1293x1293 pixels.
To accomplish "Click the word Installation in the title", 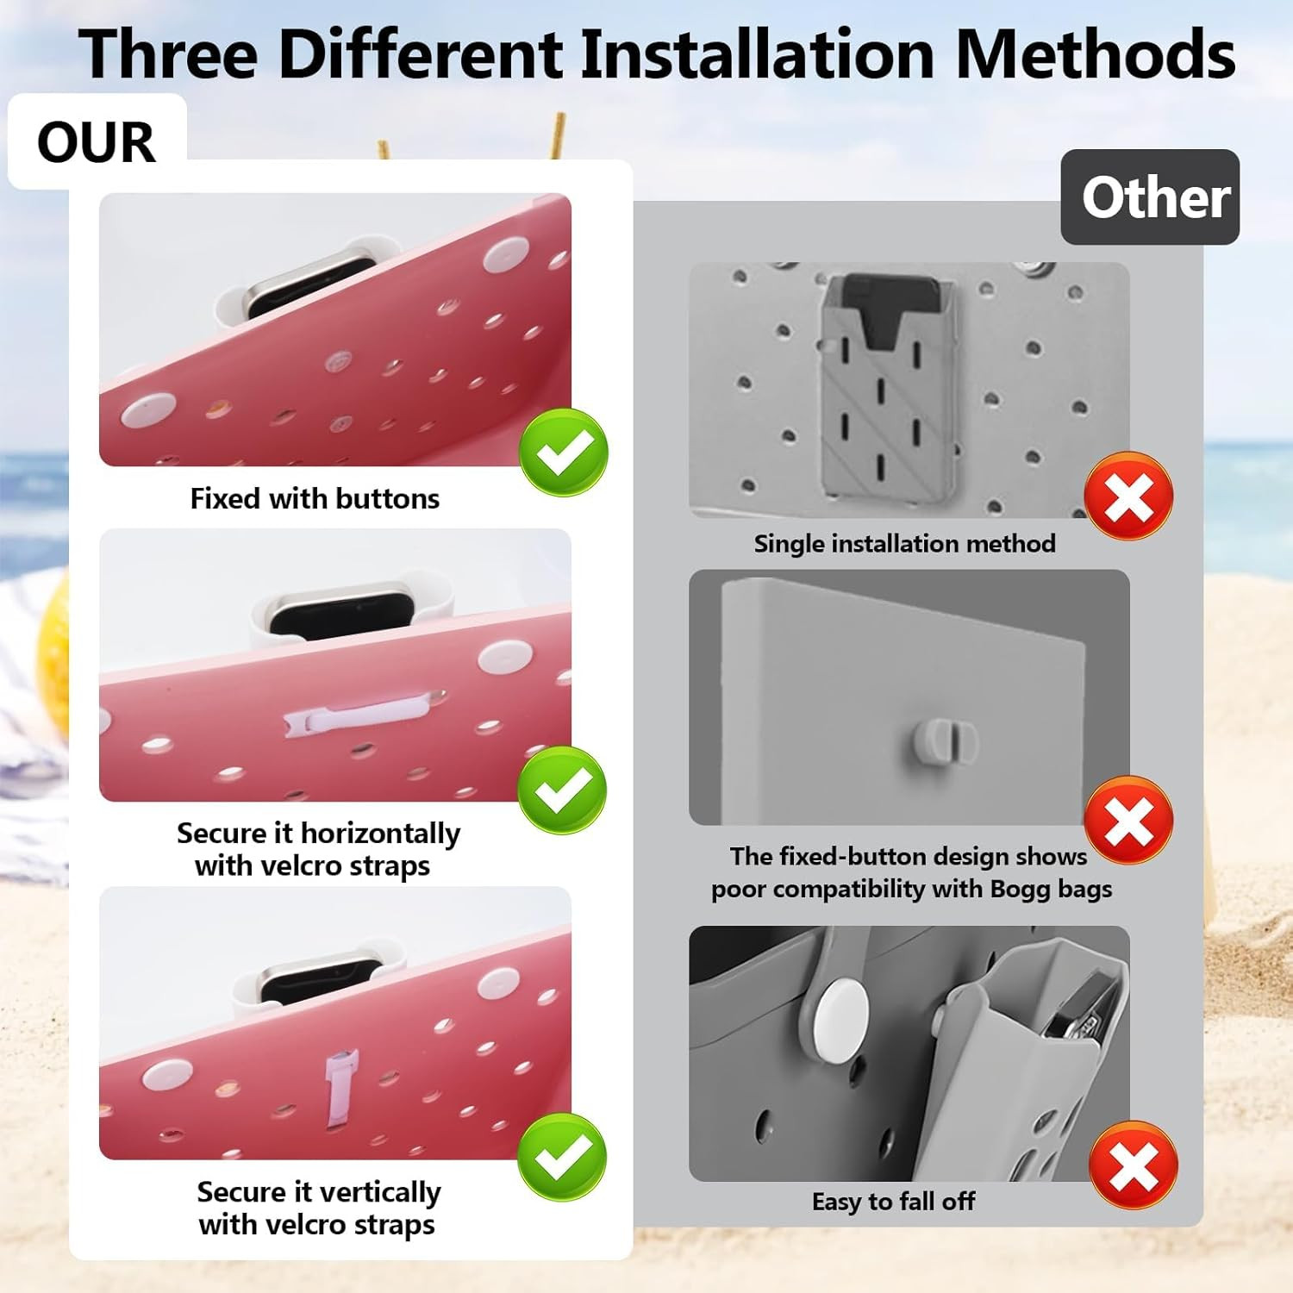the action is [x=758, y=54].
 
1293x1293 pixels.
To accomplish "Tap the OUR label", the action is [x=97, y=141].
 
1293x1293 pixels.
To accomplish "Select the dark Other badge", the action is [x=1150, y=197].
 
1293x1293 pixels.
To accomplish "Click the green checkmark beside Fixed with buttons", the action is [x=564, y=453].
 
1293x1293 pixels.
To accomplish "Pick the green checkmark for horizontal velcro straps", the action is [x=562, y=790].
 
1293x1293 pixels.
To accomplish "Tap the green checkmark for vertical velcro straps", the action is [x=562, y=1157].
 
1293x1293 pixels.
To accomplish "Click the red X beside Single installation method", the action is [x=1128, y=497].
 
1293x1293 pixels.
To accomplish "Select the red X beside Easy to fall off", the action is [x=1134, y=1165].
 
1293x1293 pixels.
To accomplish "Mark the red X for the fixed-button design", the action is [x=1128, y=820].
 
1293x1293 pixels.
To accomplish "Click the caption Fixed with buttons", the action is [x=315, y=498].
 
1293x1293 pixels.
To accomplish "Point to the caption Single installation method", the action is [x=904, y=543].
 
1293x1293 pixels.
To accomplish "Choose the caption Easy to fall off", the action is [x=893, y=1201].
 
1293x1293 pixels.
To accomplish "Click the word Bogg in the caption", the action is [x=1021, y=890].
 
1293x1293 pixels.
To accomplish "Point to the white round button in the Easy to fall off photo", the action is [x=841, y=1018].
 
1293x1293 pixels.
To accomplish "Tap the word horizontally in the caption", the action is [x=380, y=834].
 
